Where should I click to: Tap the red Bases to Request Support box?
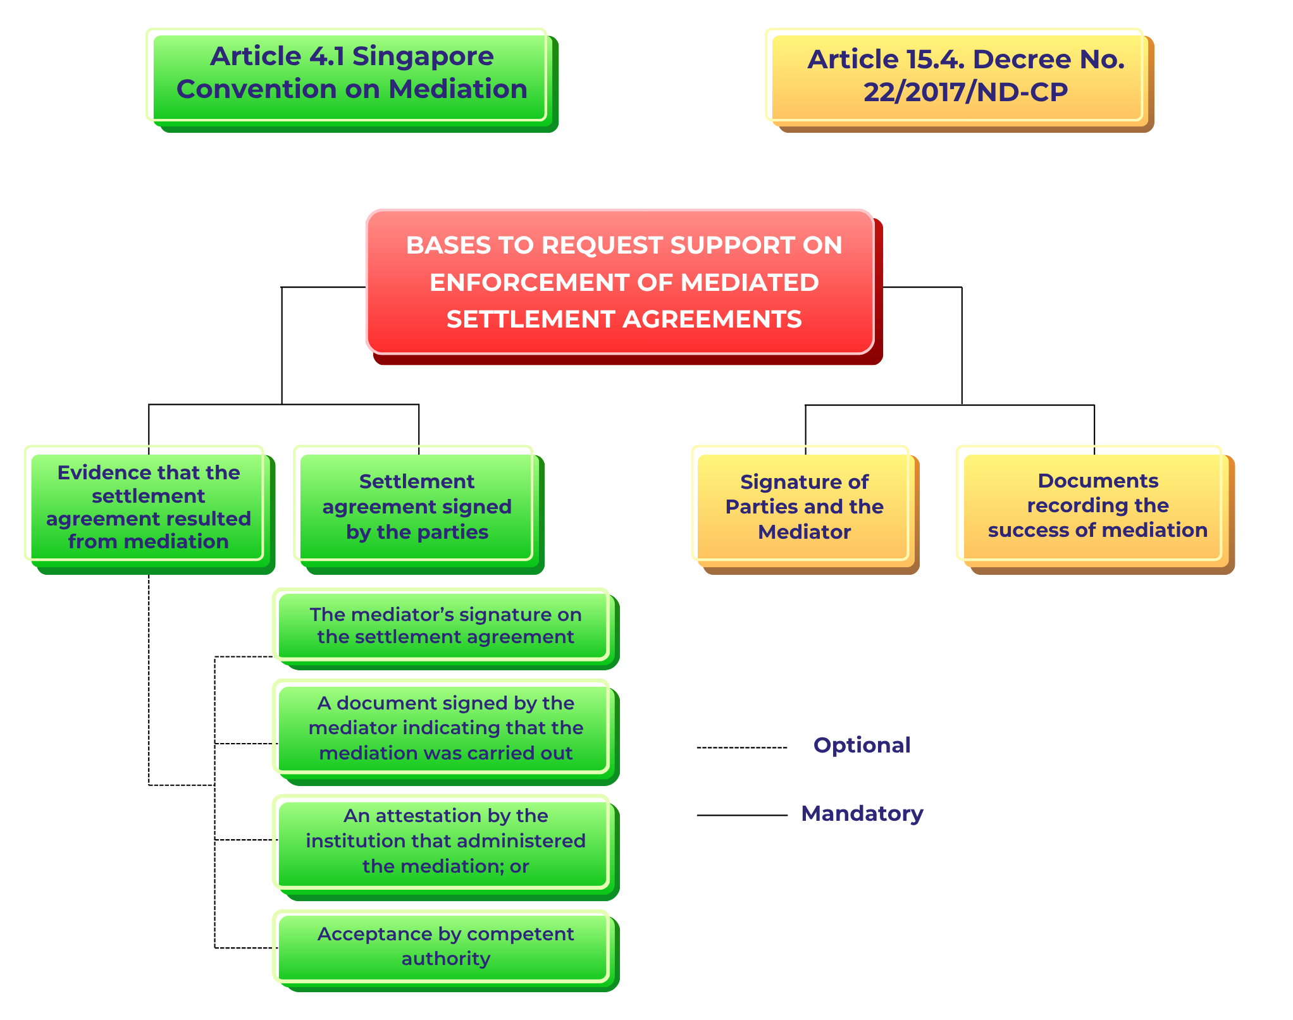tap(622, 283)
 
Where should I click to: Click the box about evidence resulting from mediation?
tap(149, 507)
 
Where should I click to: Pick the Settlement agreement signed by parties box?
tap(417, 507)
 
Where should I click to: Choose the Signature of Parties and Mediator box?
tap(804, 507)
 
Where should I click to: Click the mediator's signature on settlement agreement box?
tap(445, 626)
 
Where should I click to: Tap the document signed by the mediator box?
tap(445, 728)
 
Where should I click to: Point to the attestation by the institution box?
tap(445, 842)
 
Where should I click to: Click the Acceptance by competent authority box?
tap(445, 947)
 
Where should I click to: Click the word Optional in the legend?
tap(862, 746)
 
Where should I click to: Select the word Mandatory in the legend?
tap(862, 814)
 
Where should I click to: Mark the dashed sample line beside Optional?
tap(741, 747)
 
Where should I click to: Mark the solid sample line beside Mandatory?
tap(741, 816)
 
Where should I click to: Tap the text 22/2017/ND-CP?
tap(965, 92)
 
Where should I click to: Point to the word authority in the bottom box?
tap(445, 959)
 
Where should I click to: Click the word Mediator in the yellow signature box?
tap(804, 532)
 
